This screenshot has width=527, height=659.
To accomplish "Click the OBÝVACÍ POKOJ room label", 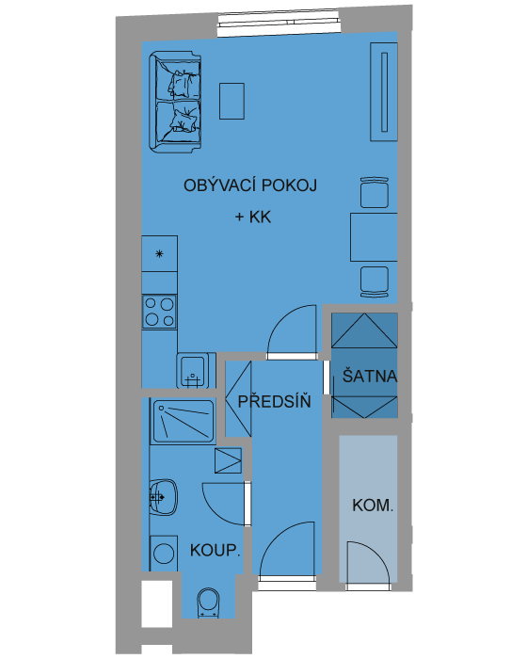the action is point(250,185).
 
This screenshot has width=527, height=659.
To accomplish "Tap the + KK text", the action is point(253,217).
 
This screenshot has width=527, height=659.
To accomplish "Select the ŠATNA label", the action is point(370,376).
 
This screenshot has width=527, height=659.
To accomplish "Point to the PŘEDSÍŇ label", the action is point(275,401).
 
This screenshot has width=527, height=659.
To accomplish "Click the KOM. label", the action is point(373,506).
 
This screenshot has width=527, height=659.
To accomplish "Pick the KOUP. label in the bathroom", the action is point(216,550).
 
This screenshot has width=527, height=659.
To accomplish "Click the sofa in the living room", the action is point(175,102).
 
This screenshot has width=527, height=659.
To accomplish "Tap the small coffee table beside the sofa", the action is point(232,101).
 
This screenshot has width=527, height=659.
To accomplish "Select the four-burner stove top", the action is point(159,312).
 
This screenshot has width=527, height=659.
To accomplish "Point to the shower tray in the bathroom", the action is point(184,420).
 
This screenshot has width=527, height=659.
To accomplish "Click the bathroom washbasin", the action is point(163,497).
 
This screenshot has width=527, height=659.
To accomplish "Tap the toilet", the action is point(208,603).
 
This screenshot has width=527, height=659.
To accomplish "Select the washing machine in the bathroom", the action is point(164,554).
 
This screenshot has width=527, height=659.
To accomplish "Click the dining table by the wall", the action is point(374,237).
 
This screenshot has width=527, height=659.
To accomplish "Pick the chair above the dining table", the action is point(374,192).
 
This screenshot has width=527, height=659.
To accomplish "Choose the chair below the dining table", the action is point(374,282).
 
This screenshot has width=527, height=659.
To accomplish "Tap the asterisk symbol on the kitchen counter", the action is point(159,253).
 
